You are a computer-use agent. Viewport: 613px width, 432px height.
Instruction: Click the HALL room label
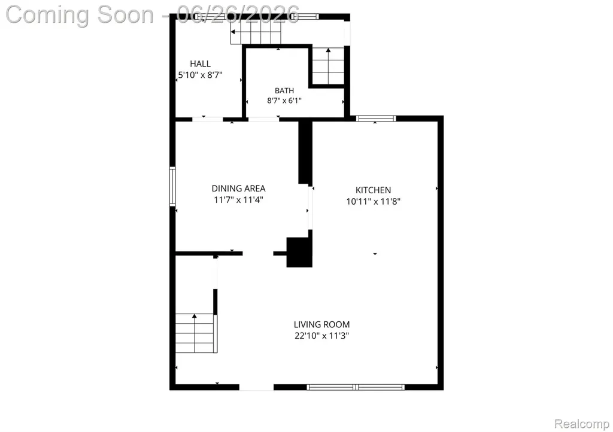pyautogui.click(x=200, y=63)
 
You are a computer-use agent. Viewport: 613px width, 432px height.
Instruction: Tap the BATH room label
pyautogui.click(x=284, y=90)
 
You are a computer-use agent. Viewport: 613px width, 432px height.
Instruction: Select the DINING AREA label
pyautogui.click(x=238, y=188)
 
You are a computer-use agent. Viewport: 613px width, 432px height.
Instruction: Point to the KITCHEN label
pyautogui.click(x=373, y=190)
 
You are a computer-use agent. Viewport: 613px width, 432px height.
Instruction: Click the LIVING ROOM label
pyautogui.click(x=321, y=324)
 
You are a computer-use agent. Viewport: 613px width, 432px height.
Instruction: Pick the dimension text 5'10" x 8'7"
pyautogui.click(x=200, y=75)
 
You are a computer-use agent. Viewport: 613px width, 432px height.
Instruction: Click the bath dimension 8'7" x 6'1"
pyautogui.click(x=284, y=101)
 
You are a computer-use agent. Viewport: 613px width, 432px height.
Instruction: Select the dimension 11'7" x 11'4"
pyautogui.click(x=238, y=200)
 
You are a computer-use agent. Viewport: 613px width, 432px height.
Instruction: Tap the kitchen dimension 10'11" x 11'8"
pyautogui.click(x=374, y=202)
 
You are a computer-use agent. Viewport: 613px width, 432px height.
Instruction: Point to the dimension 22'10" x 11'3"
pyautogui.click(x=321, y=336)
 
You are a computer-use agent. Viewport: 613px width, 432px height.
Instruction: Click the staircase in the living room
pyautogui.click(x=196, y=333)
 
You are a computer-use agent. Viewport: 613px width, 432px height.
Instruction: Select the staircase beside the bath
pyautogui.click(x=328, y=66)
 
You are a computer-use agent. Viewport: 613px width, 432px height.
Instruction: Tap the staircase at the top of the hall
pyautogui.click(x=256, y=32)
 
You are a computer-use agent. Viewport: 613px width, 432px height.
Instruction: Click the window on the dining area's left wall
pyautogui.click(x=172, y=186)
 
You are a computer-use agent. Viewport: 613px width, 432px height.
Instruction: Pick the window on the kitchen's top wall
pyautogui.click(x=376, y=118)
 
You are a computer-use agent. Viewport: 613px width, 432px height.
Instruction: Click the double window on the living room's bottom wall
pyautogui.click(x=356, y=387)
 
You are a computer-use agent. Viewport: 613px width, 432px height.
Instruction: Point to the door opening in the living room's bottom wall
pyautogui.click(x=256, y=387)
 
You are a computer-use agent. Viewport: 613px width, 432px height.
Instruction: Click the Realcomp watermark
pyautogui.click(x=582, y=424)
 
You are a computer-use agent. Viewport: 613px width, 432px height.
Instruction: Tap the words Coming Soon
pyautogui.click(x=80, y=15)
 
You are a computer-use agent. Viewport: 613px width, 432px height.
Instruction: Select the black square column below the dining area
pyautogui.click(x=299, y=252)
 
